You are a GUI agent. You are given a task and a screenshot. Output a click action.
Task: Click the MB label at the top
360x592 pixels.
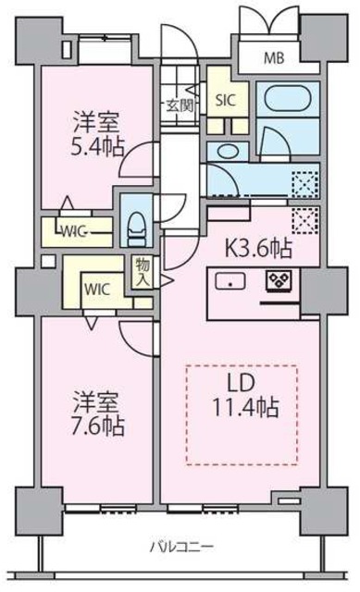pos(275,57)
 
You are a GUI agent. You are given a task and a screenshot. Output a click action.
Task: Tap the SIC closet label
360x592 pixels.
pos(225,100)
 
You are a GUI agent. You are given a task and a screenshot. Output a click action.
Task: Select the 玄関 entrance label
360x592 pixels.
pos(179,105)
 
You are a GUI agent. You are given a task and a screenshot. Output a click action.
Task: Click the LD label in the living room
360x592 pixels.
pos(243,382)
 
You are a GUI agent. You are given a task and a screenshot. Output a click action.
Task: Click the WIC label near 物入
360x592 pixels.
pos(99,287)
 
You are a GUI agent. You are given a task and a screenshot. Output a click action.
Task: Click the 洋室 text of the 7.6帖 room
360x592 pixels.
pos(95,403)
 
